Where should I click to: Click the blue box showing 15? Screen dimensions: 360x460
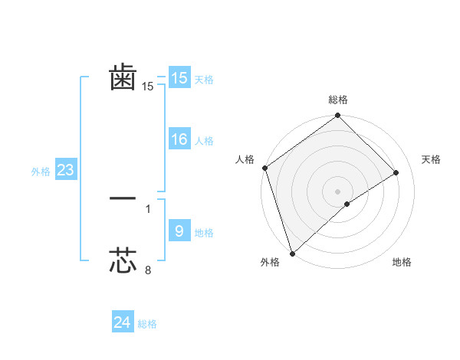(x=179, y=78)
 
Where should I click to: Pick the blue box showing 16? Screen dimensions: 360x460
(x=179, y=139)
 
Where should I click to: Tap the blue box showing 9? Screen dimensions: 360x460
(x=179, y=231)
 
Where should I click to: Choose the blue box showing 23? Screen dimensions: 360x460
(x=65, y=170)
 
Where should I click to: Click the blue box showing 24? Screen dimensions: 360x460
(x=122, y=322)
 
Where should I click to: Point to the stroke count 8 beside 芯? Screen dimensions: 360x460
(x=148, y=270)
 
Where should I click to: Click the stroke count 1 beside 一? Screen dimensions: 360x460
(x=148, y=208)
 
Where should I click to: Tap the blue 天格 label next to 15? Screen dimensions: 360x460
(x=203, y=80)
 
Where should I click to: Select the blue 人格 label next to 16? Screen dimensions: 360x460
(x=203, y=141)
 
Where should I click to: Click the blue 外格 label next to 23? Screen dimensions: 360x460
(x=41, y=172)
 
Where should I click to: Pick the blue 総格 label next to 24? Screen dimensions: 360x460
(x=147, y=324)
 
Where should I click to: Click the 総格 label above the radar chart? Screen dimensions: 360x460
(x=337, y=100)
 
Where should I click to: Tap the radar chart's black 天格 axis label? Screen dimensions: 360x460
(x=431, y=159)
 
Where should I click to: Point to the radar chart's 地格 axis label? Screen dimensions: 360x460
(x=402, y=263)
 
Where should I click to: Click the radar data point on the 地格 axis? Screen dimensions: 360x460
(x=347, y=204)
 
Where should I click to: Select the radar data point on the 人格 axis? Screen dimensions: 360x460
(x=264, y=168)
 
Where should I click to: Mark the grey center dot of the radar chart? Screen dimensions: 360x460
(x=337, y=191)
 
